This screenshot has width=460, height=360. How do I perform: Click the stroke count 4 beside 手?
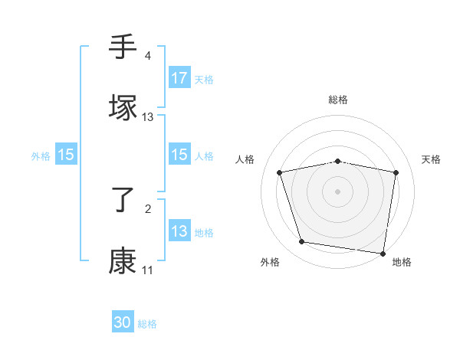147,56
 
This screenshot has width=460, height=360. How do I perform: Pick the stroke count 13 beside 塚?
148,117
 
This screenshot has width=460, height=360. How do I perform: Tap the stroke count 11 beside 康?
147,270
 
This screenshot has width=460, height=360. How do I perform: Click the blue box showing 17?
179,78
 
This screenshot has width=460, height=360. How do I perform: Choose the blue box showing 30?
123,323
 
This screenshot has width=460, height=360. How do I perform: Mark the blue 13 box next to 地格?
179,231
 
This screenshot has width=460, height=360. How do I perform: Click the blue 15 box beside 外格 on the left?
66,155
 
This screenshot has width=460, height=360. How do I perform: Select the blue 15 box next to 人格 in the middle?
179,155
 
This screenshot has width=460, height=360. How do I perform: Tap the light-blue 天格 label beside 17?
204,79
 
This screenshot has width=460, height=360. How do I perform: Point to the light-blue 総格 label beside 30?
147,324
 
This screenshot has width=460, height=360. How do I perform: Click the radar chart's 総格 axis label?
338,100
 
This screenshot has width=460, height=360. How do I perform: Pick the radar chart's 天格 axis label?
432,159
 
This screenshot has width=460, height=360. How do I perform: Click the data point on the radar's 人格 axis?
280,172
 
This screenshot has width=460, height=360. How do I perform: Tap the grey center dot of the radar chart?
338,191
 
